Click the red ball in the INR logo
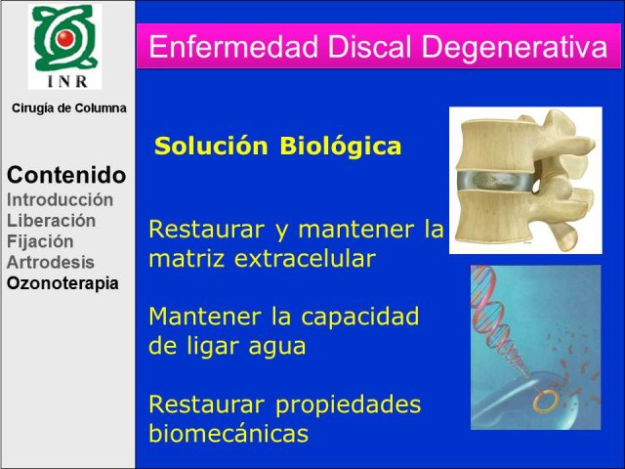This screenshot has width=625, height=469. (x=65, y=38)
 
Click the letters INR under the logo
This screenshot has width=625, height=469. (x=67, y=81)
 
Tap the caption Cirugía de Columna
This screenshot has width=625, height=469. (x=69, y=108)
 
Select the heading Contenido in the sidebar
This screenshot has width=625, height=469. (x=66, y=175)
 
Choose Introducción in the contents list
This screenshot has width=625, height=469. (x=61, y=199)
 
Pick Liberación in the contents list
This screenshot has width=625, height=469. (x=52, y=221)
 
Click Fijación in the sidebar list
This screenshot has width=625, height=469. (x=40, y=241)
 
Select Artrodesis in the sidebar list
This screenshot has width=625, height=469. (x=51, y=263)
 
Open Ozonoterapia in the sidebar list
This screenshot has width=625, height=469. (x=62, y=283)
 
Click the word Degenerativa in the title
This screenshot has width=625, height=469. (x=515, y=48)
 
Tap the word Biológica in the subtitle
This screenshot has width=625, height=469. (x=341, y=147)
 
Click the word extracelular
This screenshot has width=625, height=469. (x=305, y=259)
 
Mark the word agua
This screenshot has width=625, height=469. (x=277, y=348)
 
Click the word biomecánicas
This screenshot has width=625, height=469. (x=229, y=433)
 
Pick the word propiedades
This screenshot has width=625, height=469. (x=348, y=406)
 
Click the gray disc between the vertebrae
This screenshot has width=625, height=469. (x=495, y=182)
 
